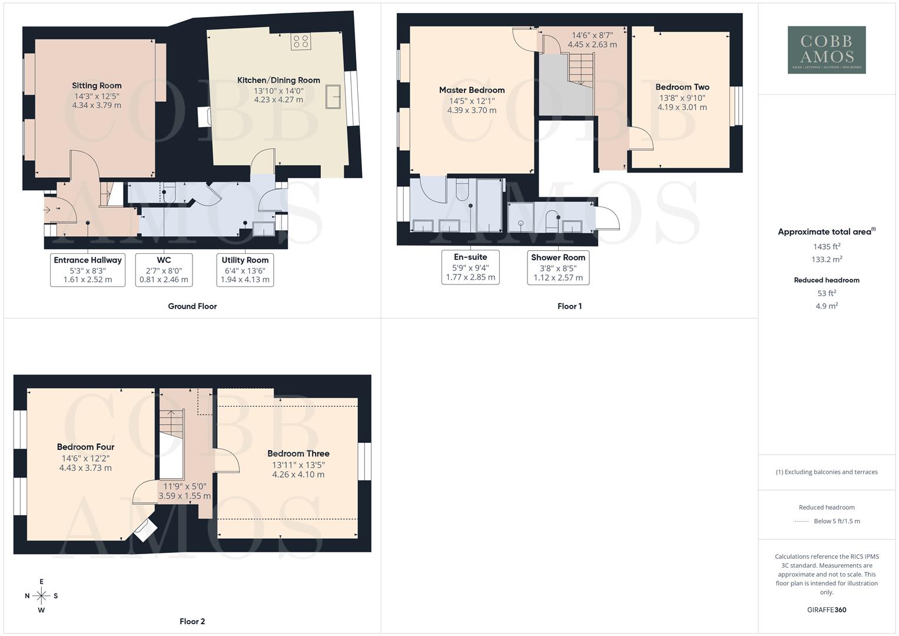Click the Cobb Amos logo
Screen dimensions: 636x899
827,50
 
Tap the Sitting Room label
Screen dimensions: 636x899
97,85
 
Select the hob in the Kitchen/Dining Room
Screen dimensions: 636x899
300,41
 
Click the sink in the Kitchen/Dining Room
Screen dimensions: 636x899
333,97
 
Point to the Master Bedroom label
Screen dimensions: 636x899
472,90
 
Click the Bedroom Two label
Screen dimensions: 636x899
682,87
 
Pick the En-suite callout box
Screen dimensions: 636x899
470,267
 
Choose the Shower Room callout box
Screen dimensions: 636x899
558,267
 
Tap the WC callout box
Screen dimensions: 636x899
164,270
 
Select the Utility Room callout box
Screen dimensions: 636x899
245,270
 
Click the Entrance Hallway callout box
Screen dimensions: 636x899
88,270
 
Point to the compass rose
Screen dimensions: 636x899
41,596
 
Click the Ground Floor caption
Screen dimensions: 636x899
192,306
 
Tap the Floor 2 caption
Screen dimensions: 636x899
192,621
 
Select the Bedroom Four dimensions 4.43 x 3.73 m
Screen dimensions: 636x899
85,468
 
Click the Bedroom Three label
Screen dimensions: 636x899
298,453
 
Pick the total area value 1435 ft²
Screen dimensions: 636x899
827,246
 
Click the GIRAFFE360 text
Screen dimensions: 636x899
827,609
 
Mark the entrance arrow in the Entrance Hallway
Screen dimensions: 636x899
47,210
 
